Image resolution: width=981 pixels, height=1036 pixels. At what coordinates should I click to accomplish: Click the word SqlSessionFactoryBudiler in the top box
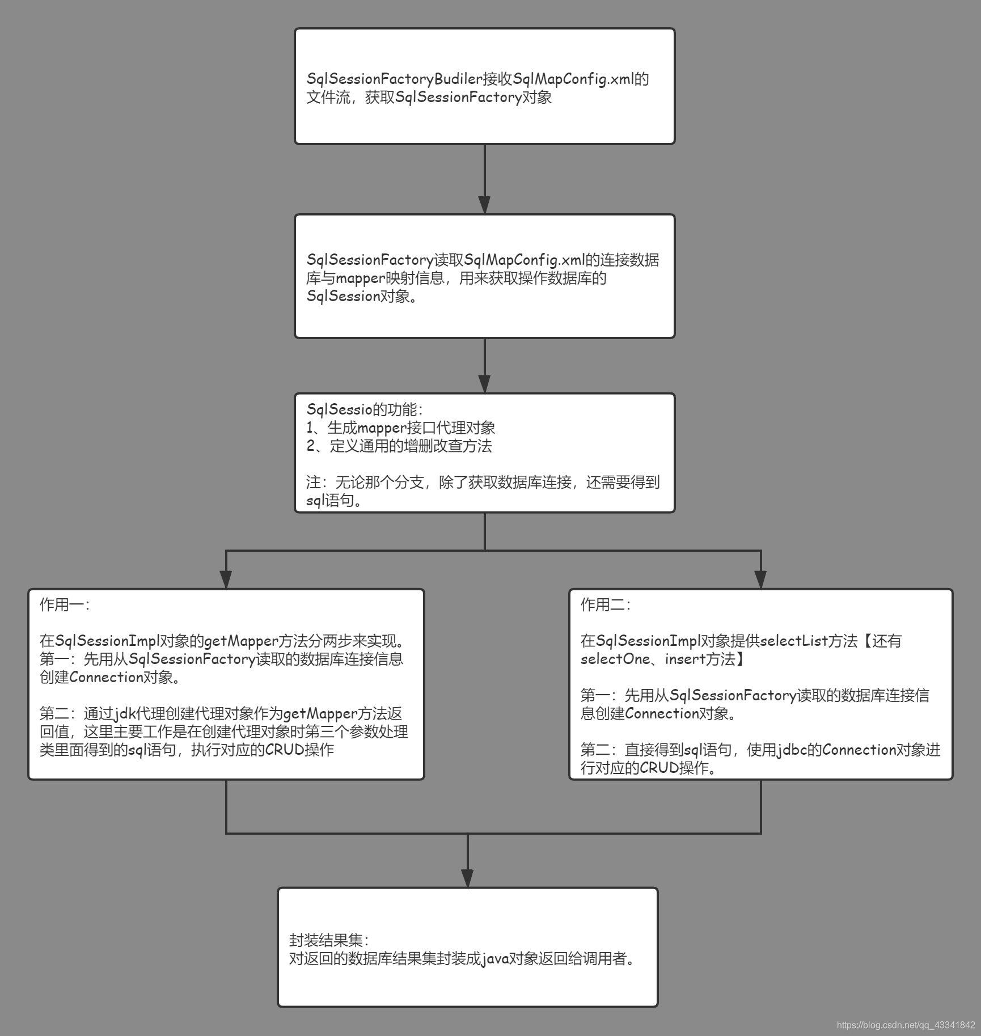[394, 79]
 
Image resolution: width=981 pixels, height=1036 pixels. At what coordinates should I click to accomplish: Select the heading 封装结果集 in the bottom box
[328, 941]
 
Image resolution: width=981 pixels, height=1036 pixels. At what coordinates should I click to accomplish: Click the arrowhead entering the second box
[484, 205]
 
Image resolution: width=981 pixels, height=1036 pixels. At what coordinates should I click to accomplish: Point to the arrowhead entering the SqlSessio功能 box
[484, 384]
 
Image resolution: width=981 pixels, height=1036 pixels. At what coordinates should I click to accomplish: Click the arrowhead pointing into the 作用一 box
[226, 580]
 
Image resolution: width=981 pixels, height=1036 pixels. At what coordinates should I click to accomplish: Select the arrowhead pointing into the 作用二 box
[761, 580]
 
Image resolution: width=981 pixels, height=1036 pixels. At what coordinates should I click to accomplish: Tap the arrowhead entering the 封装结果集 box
[467, 878]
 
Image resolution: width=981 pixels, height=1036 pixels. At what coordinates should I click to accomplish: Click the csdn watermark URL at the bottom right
[906, 1025]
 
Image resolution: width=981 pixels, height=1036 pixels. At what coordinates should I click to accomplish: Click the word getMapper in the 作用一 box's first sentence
[241, 641]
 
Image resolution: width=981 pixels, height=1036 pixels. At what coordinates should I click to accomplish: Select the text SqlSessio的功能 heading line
[364, 409]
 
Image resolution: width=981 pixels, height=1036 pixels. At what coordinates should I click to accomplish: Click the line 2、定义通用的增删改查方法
[399, 446]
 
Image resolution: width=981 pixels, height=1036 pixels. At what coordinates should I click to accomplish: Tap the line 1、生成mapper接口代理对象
[400, 428]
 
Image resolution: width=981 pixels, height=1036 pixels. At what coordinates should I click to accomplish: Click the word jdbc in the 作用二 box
[792, 750]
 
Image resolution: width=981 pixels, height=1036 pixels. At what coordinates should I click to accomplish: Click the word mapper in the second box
[361, 278]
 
